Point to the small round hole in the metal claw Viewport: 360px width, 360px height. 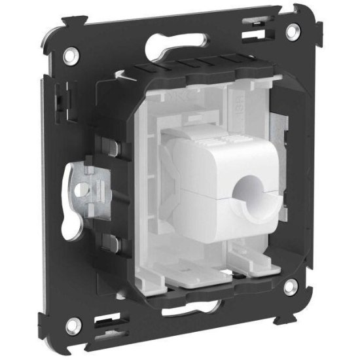pyautogui.click(x=82, y=190)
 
